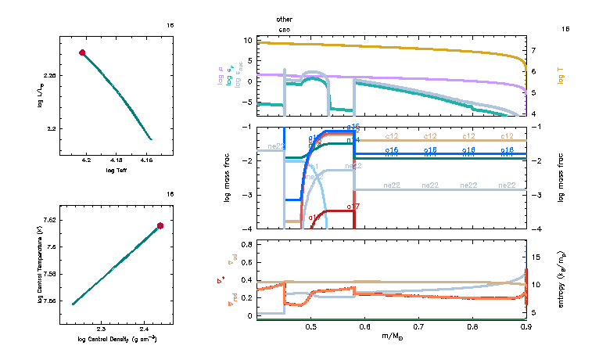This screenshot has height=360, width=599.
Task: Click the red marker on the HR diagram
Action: coord(81,52)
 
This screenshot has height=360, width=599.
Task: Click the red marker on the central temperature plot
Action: coord(160,225)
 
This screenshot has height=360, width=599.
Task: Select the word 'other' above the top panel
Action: coord(285,18)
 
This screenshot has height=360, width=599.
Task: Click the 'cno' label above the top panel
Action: coord(285,28)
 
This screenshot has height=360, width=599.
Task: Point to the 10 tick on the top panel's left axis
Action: coord(248,40)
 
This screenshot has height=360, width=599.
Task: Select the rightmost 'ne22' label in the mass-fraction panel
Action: coord(507,185)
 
